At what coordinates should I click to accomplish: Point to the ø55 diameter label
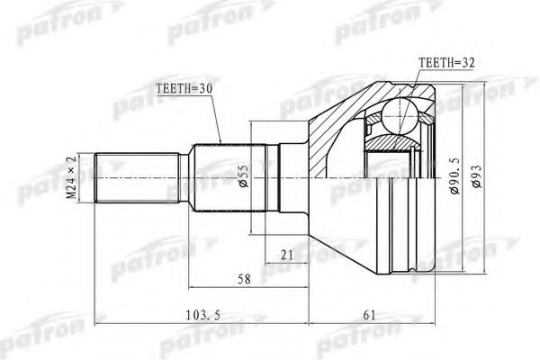[x=244, y=178]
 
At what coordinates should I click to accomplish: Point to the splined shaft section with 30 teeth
[x=221, y=178]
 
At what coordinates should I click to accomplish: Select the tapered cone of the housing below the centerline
[x=337, y=225]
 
